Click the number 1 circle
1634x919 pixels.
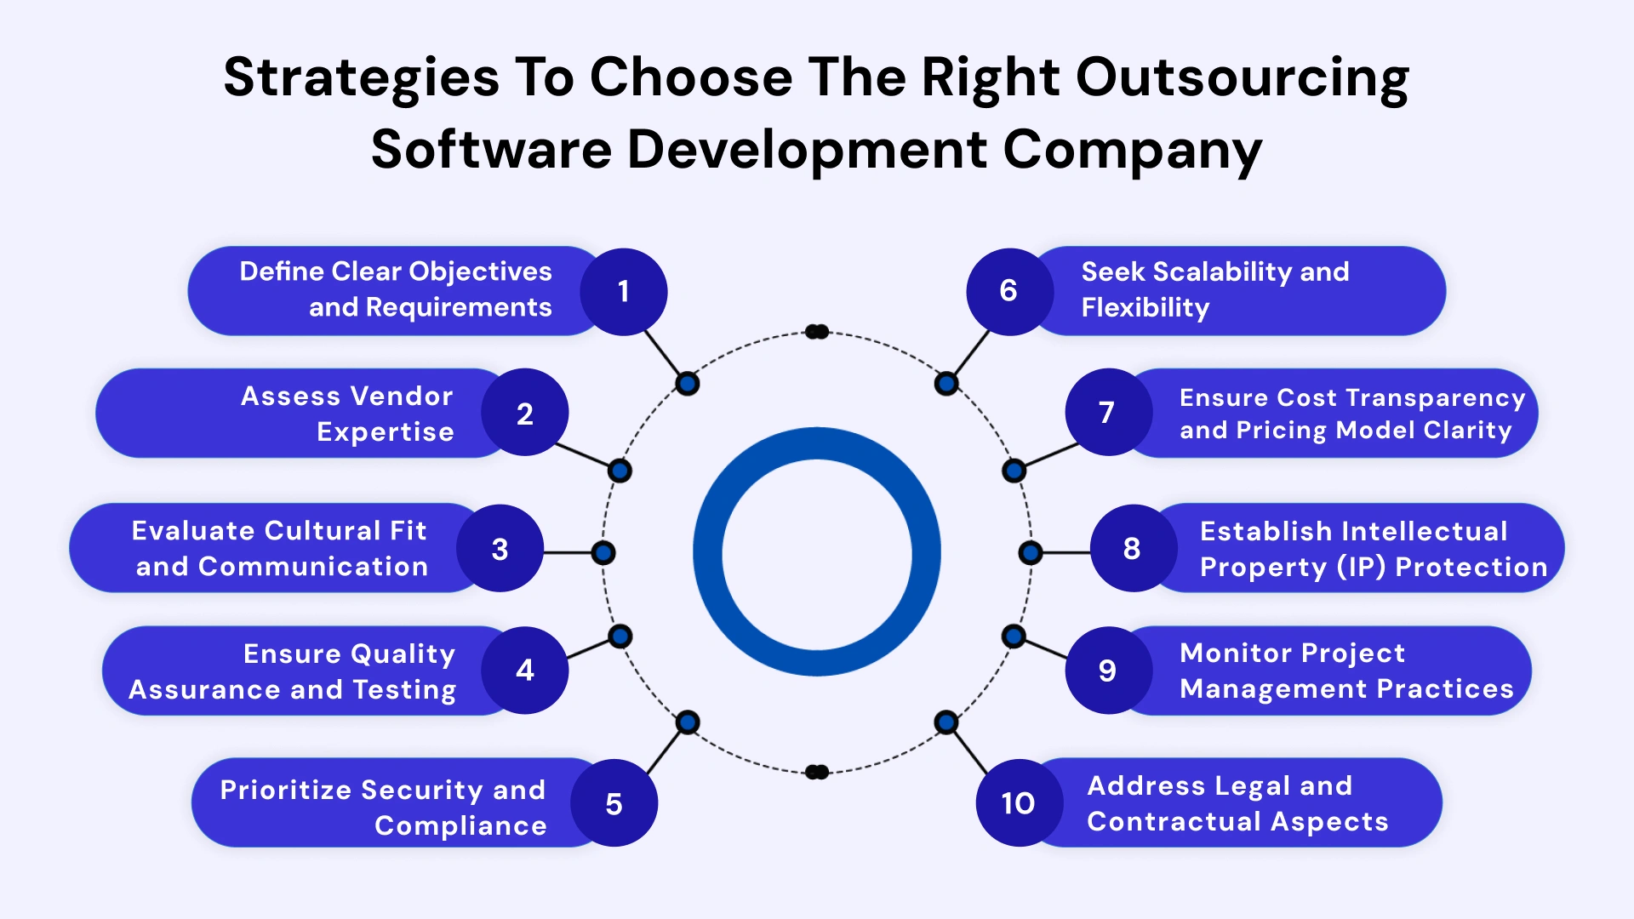(623, 292)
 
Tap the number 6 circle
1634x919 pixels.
(1009, 291)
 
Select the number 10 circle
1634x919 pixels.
(1019, 802)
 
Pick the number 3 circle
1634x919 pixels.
(500, 549)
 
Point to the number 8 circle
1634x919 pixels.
(1133, 549)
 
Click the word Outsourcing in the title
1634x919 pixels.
(1243, 78)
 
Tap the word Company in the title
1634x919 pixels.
(1133, 151)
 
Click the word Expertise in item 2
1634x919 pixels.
(386, 432)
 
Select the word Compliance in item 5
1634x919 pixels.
(460, 825)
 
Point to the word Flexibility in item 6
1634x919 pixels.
(1145, 307)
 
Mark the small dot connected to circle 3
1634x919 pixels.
(603, 553)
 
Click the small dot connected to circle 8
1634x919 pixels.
(1031, 553)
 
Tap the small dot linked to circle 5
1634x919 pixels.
(688, 722)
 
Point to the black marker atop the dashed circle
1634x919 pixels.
(817, 332)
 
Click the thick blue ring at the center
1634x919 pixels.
(708, 553)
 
